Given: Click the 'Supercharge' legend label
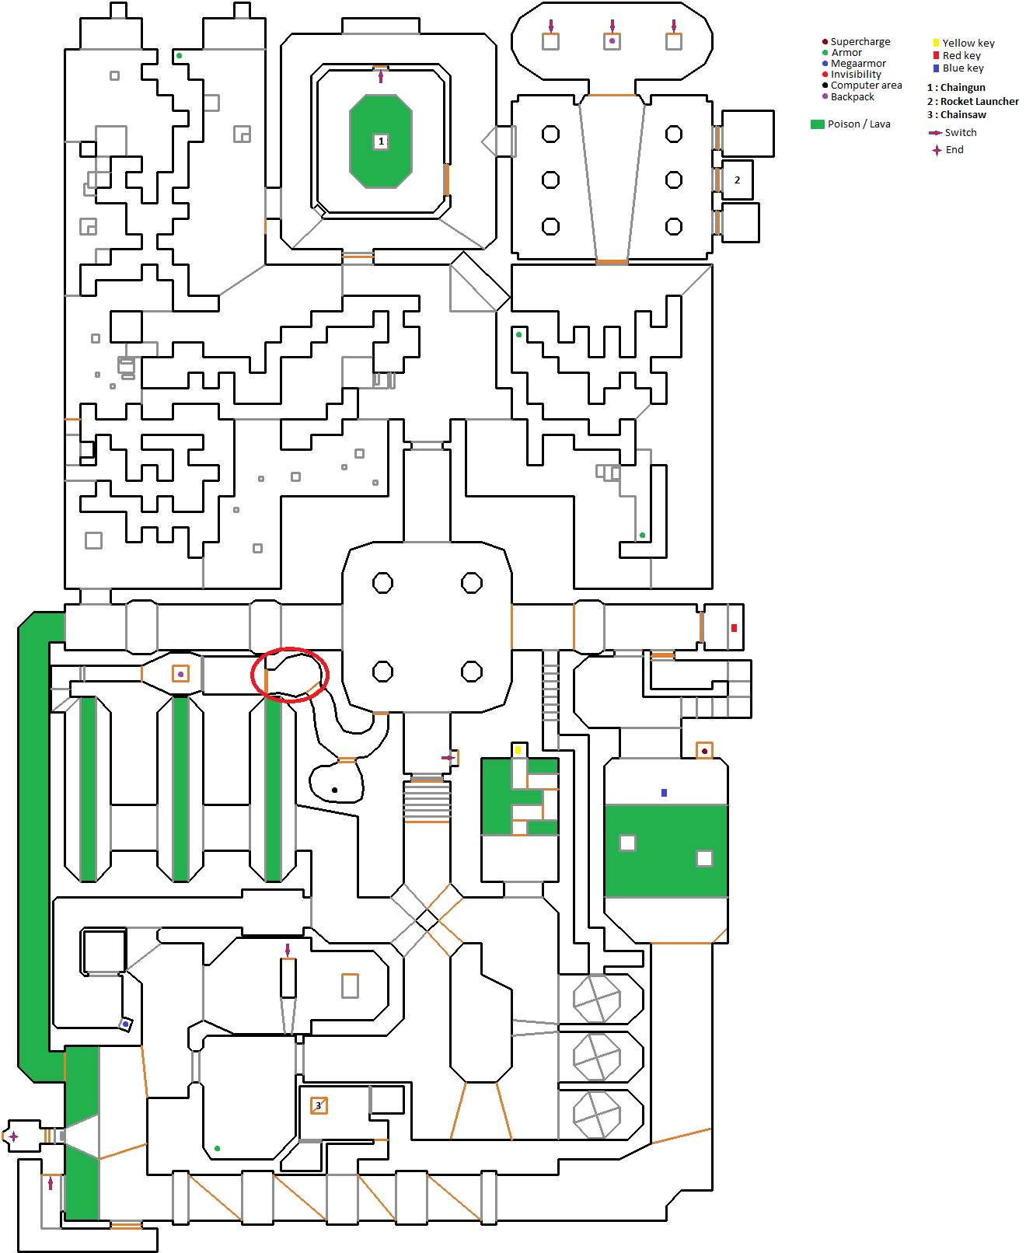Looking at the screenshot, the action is (860, 42).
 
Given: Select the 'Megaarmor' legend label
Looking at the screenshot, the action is (858, 64).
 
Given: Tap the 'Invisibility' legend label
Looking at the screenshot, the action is (856, 75).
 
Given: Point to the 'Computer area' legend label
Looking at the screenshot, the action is (866, 85).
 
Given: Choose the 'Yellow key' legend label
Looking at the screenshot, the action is (968, 43).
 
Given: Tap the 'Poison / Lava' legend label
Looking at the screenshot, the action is (858, 124).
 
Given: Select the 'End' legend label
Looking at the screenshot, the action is (954, 150).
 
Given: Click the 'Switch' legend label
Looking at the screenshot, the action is (960, 132).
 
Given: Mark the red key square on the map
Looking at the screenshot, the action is (734, 628).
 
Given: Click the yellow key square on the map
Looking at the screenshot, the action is (518, 750).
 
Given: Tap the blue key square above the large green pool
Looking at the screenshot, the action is (665, 793).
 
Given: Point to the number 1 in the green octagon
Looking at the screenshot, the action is (381, 141).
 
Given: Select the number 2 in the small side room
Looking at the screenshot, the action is (737, 180).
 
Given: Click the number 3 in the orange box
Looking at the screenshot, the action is (319, 1105).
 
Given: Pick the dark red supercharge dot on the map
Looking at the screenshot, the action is (704, 751).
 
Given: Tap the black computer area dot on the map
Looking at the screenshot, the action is (334, 791).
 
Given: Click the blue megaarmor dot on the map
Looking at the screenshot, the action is (125, 1024).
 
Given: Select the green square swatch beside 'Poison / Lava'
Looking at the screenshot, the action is (818, 124).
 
